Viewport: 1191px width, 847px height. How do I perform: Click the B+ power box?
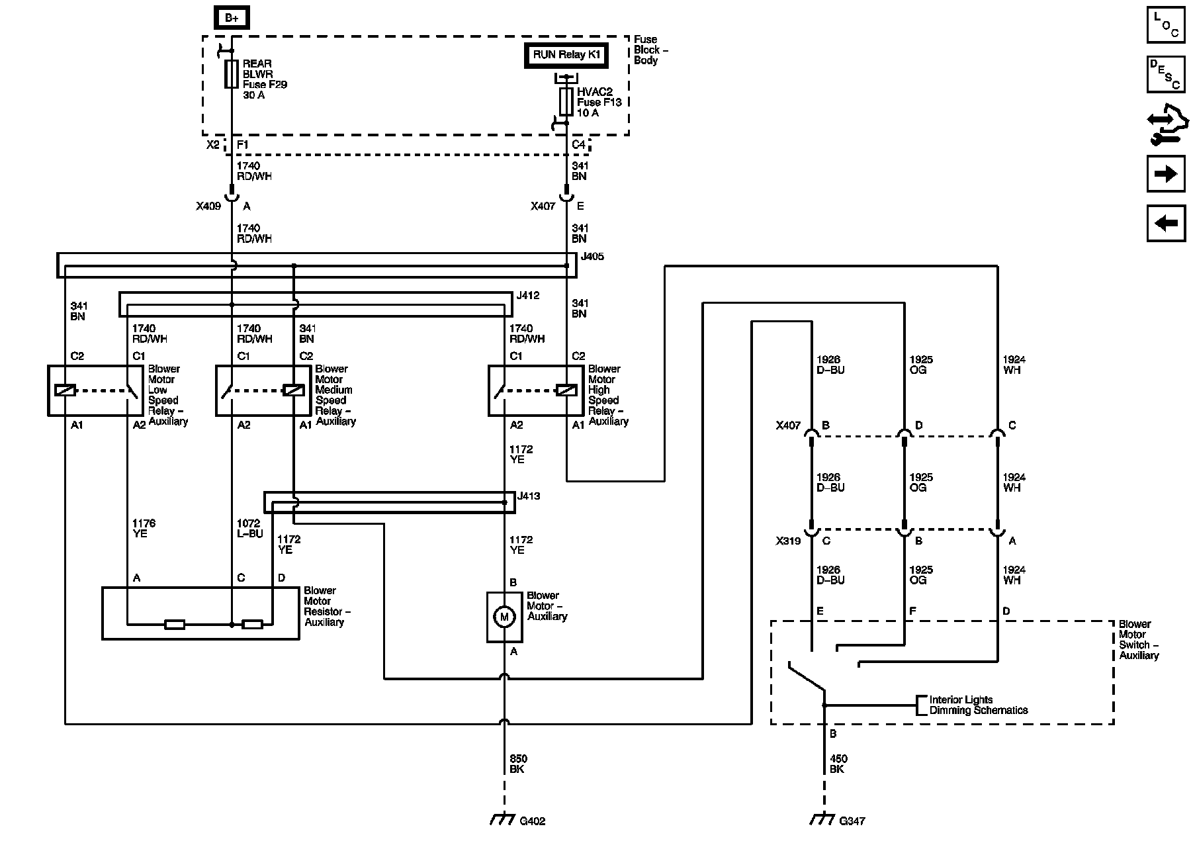tap(232, 18)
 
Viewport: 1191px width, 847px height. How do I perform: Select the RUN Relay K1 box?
tap(566, 55)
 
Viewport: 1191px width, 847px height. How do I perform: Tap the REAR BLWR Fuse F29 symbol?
tap(232, 74)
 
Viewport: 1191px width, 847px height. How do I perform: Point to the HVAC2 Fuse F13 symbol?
tap(566, 102)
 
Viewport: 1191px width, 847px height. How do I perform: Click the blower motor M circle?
tap(504, 617)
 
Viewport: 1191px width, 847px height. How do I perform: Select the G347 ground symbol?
tap(823, 819)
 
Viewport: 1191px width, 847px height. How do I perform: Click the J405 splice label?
tap(592, 257)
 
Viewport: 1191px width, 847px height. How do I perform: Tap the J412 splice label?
tap(528, 296)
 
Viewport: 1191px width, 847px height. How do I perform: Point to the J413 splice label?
tap(529, 496)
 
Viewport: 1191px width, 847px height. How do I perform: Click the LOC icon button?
tap(1166, 24)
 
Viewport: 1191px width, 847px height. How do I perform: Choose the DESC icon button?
tap(1166, 74)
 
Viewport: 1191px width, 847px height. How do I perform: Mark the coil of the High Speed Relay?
tap(566, 390)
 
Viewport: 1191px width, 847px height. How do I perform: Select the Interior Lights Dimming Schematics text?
tap(978, 705)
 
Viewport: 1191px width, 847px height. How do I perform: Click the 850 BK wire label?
tap(518, 764)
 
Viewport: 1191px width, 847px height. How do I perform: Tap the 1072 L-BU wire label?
tap(249, 529)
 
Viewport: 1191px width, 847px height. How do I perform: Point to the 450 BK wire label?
tap(838, 764)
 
